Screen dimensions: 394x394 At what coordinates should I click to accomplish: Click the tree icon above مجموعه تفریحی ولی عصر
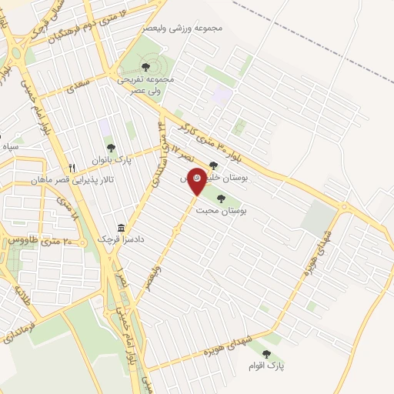pyautogui.click(x=146, y=67)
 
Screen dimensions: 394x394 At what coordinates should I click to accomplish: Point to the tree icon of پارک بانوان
pyautogui.click(x=111, y=146)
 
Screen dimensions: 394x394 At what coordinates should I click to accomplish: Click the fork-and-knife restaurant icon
pyautogui.click(x=72, y=168)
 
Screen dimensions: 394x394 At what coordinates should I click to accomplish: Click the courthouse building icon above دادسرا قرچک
pyautogui.click(x=121, y=228)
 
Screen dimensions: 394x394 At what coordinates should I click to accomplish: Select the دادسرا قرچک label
pyautogui.click(x=121, y=240)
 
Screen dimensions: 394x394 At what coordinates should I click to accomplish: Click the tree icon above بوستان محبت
pyautogui.click(x=222, y=199)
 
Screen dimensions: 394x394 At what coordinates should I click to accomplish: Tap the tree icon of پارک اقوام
pyautogui.click(x=266, y=354)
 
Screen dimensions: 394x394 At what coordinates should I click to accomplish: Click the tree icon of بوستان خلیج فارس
pyautogui.click(x=213, y=164)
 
